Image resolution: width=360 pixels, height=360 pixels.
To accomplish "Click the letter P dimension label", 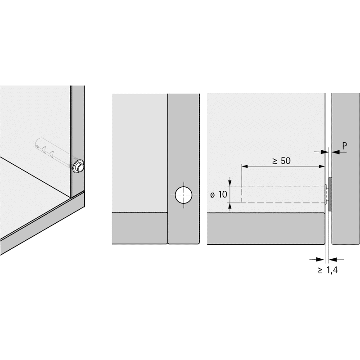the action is click(x=344, y=146).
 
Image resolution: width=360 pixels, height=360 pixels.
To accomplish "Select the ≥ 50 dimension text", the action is click(x=282, y=161).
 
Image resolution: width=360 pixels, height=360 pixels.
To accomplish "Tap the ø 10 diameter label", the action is click(x=219, y=194).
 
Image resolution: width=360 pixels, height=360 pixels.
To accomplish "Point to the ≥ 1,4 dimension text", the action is click(x=328, y=270).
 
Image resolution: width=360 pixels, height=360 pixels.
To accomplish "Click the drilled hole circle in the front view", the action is click(x=184, y=195).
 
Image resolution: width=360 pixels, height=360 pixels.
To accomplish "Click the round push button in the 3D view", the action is click(x=79, y=167).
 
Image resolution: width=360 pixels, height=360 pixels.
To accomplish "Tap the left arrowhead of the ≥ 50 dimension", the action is click(x=245, y=166).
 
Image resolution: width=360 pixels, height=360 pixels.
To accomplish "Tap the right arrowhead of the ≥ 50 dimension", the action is click(x=322, y=166).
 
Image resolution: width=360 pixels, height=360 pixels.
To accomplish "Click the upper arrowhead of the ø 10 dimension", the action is click(x=230, y=183).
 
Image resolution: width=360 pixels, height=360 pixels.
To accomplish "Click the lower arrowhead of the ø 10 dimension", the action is click(x=230, y=206).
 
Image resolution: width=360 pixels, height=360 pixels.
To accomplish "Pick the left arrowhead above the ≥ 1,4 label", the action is click(x=321, y=260).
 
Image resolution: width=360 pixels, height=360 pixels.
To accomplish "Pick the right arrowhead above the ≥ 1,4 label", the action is click(x=333, y=260).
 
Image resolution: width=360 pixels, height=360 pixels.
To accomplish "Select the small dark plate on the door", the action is click(x=330, y=194).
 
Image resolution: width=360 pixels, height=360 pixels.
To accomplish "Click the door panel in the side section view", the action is click(x=346, y=169).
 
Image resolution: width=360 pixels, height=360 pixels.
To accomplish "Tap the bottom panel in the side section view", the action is click(x=266, y=229).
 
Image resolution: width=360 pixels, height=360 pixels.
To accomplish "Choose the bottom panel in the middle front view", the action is click(x=140, y=228).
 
